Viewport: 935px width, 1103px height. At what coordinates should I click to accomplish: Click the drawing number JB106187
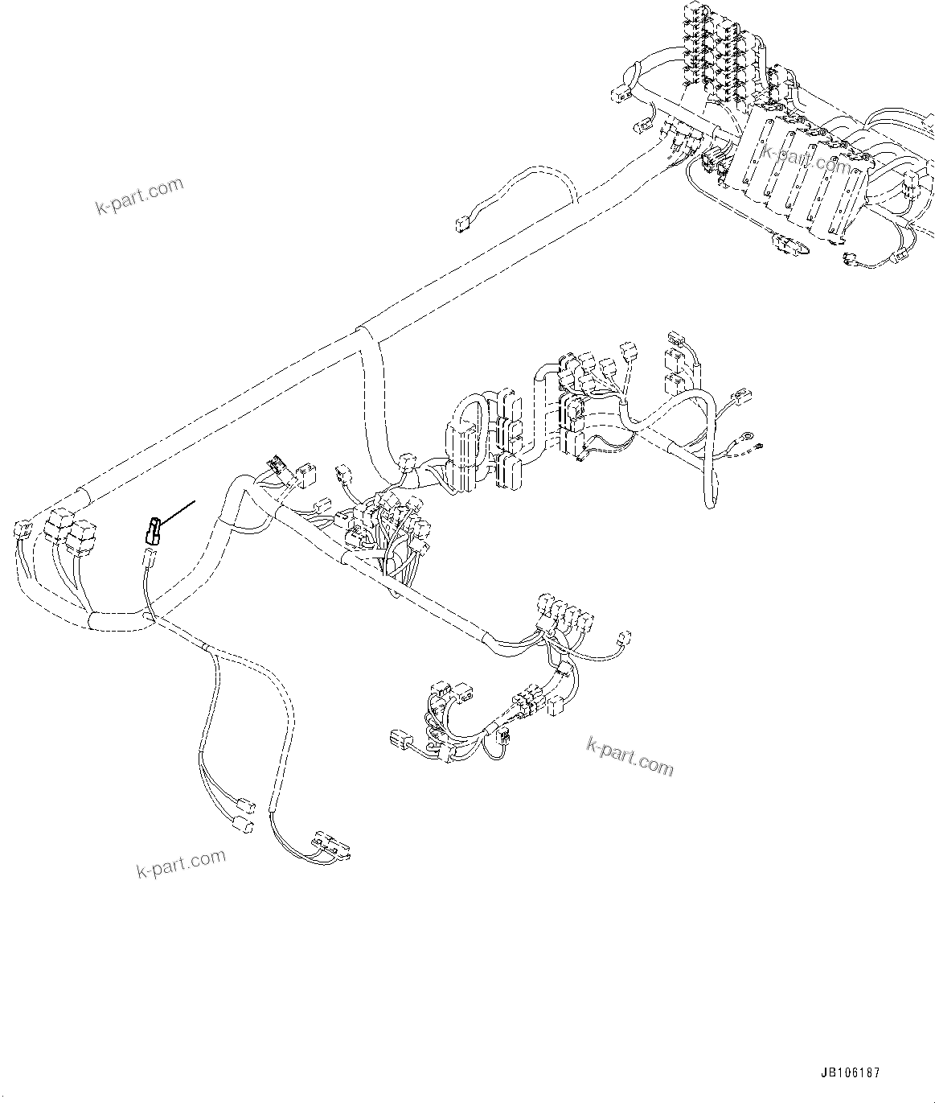point(851,1073)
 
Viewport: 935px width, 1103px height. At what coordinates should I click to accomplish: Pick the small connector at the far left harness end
point(23,529)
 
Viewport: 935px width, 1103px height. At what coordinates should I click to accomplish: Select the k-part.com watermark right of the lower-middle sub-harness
point(630,756)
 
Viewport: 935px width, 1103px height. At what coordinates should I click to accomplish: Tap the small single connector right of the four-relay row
point(624,636)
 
